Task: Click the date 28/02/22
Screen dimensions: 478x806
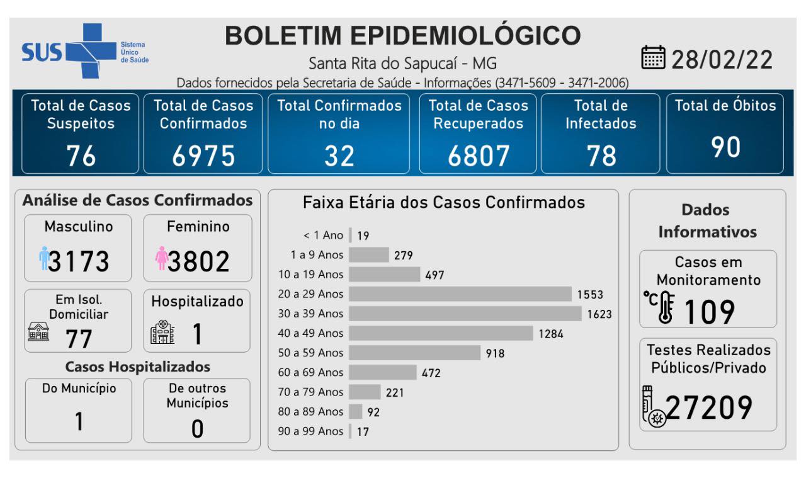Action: click(x=723, y=60)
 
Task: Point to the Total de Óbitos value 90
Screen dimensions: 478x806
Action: click(x=725, y=146)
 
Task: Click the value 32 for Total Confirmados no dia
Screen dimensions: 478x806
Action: click(x=339, y=156)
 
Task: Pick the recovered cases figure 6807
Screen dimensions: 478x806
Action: click(x=478, y=156)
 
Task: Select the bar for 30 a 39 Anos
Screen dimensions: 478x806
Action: click(x=465, y=313)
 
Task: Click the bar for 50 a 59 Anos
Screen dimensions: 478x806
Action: click(x=414, y=352)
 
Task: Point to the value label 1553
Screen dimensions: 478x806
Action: click(x=589, y=294)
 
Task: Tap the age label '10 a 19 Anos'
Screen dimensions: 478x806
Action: click(x=311, y=274)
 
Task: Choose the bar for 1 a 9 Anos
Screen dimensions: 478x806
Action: click(x=369, y=254)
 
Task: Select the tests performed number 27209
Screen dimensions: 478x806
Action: click(x=709, y=407)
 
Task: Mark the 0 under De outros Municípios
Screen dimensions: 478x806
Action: click(x=197, y=428)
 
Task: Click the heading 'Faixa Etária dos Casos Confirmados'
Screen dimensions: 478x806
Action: click(x=444, y=203)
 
